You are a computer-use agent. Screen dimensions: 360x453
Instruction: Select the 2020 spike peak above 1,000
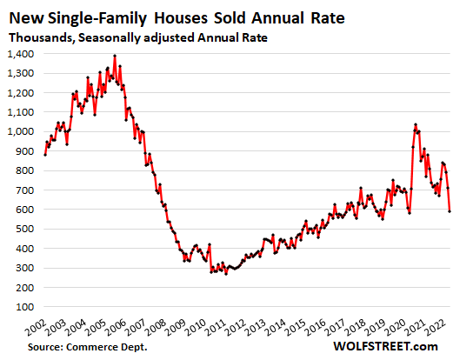416,124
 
